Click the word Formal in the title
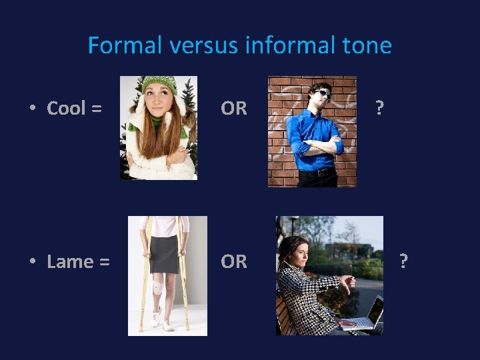tap(125, 45)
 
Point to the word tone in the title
tap(367, 45)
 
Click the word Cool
tap(66, 108)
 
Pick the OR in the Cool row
tap(234, 108)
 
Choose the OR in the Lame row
tap(234, 261)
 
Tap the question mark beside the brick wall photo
tap(379, 108)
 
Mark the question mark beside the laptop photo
tap(402, 261)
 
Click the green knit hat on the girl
tap(159, 85)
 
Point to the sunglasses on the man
tap(323, 93)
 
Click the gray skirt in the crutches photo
tap(164, 253)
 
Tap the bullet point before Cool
tap(33, 108)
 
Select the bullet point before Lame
tap(33, 261)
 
